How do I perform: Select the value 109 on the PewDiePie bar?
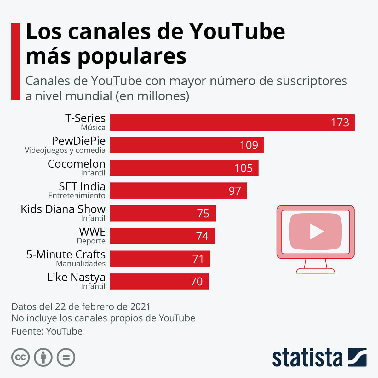click(x=249, y=145)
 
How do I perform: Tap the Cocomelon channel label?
click(x=77, y=164)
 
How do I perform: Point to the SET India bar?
click(x=178, y=191)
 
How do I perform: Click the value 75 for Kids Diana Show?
click(x=203, y=214)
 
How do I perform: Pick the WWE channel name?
click(x=92, y=232)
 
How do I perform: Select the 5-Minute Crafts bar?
click(x=160, y=259)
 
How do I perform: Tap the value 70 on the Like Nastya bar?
click(x=197, y=282)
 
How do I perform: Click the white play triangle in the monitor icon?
click(x=316, y=232)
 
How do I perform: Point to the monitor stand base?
click(x=315, y=271)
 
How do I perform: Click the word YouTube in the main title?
click(x=237, y=31)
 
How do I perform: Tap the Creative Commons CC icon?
click(x=20, y=358)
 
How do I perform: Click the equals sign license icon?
click(x=66, y=358)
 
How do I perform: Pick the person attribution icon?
click(x=43, y=358)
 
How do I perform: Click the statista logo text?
click(x=307, y=358)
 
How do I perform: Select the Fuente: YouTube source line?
click(x=47, y=331)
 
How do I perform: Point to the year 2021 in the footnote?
click(x=140, y=306)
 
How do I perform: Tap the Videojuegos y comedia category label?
click(x=65, y=150)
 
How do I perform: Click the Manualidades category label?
click(x=81, y=264)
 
